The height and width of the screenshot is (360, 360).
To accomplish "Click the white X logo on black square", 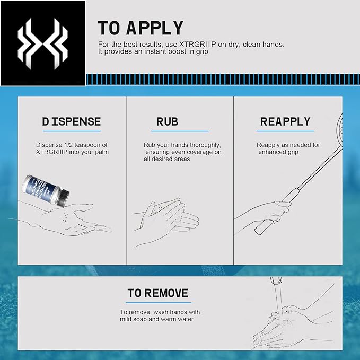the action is click(x=43, y=44).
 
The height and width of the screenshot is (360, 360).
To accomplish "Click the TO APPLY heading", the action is click(x=141, y=28).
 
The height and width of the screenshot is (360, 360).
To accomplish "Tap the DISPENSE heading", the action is click(x=72, y=121).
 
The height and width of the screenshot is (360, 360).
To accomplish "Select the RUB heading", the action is click(x=167, y=122).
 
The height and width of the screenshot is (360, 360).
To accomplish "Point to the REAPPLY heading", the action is click(x=285, y=122).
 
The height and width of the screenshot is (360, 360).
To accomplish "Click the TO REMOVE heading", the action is click(x=158, y=293).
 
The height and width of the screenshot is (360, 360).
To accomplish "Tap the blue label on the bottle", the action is click(x=43, y=188).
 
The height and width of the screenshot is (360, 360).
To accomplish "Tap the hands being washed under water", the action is click(x=285, y=326).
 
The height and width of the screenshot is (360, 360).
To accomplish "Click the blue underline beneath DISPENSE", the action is click(x=72, y=131).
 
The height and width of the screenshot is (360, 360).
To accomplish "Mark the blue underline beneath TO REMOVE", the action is click(x=158, y=303).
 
